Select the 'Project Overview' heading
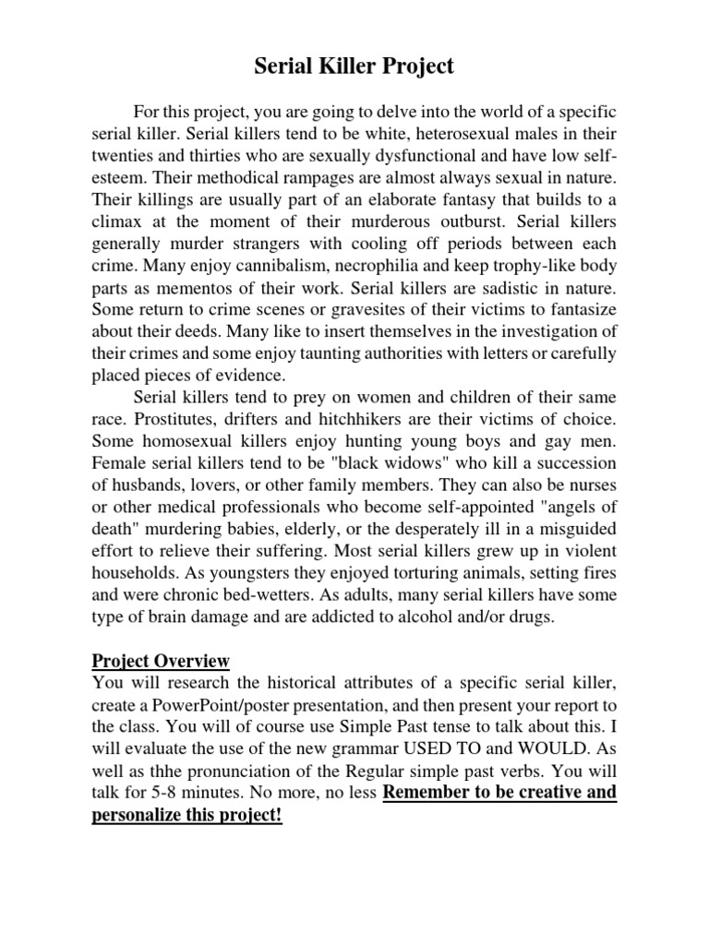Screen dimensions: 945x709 (x=161, y=661)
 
